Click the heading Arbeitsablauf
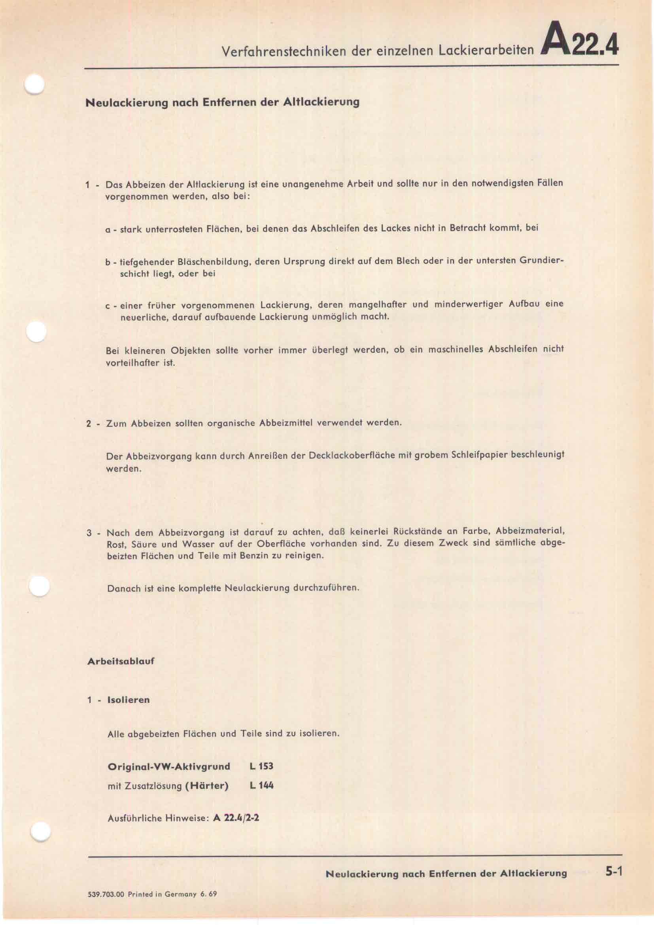121,661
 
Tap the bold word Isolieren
129,700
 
